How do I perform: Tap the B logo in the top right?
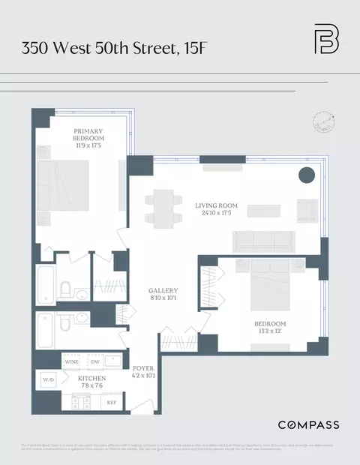tap(325, 40)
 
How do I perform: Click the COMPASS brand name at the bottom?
tap(308, 425)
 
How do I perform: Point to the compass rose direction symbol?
tap(324, 121)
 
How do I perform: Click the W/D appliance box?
tap(46, 379)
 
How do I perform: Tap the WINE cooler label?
tap(72, 361)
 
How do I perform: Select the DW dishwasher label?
tap(94, 361)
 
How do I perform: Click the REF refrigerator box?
tap(112, 402)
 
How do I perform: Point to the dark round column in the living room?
tap(307, 176)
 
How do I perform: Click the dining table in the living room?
tap(163, 208)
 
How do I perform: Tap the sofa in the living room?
tap(262, 241)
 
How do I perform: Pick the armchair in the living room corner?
tap(307, 210)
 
